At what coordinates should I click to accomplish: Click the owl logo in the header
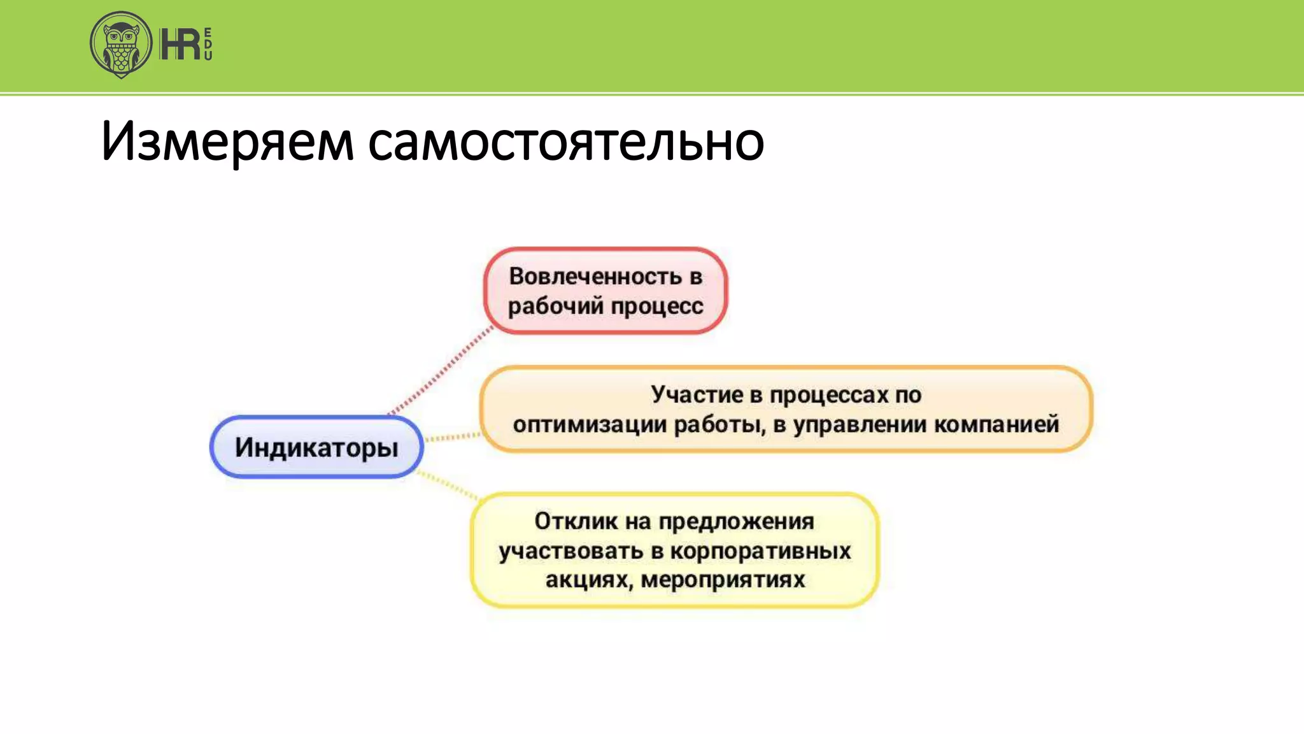(x=121, y=45)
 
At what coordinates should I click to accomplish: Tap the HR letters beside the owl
(x=180, y=45)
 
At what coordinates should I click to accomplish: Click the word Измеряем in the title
(x=227, y=141)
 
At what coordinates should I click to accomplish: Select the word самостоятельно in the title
(x=565, y=141)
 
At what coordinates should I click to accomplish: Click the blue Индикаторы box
(x=316, y=447)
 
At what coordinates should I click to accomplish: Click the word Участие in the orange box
(x=697, y=394)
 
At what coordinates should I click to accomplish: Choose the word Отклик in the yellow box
(x=576, y=521)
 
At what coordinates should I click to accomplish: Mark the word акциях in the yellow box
(x=586, y=580)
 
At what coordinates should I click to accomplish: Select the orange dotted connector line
(x=453, y=437)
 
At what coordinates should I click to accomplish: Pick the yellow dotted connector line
(x=448, y=485)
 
